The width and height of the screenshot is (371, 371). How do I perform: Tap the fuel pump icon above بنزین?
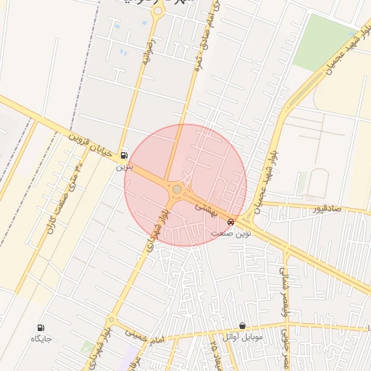tap(124, 155)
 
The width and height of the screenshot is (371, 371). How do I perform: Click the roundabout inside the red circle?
tap(177, 189)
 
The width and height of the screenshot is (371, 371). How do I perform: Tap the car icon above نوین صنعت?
tap(230, 222)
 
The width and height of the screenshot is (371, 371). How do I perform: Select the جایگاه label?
tap(40, 338)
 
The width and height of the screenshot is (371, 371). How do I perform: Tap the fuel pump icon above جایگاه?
tap(39, 327)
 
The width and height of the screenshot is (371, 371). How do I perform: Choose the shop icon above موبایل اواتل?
tap(242, 326)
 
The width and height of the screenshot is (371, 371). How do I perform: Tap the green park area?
tap(323, 40)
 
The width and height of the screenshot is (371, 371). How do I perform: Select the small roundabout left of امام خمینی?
tap(111, 319)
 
